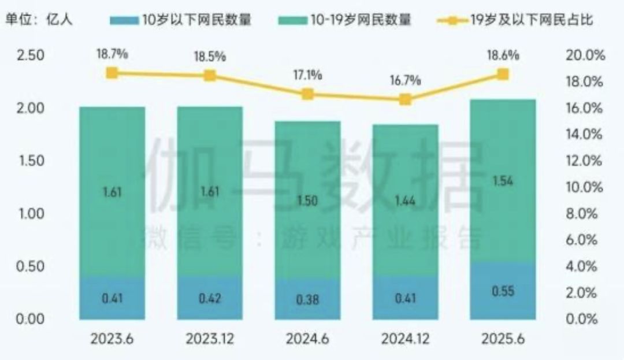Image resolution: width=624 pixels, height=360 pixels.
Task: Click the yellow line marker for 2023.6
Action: (x=112, y=73)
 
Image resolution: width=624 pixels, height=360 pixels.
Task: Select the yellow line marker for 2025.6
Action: (x=503, y=74)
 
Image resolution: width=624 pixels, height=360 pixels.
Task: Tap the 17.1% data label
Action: (x=307, y=75)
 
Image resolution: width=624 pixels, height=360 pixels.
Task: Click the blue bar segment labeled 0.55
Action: (x=503, y=291)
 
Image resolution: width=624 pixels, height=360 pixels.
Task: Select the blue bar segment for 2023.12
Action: (x=210, y=298)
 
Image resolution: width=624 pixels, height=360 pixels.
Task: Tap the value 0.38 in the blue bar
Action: (x=307, y=299)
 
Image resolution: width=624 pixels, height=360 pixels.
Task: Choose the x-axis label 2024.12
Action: (x=405, y=339)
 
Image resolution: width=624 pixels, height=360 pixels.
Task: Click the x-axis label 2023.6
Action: (x=112, y=339)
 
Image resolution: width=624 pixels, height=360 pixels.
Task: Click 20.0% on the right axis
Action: (x=585, y=55)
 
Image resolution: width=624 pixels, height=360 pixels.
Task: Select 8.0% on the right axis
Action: (x=585, y=214)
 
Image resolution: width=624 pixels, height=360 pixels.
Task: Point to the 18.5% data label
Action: (x=210, y=57)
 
